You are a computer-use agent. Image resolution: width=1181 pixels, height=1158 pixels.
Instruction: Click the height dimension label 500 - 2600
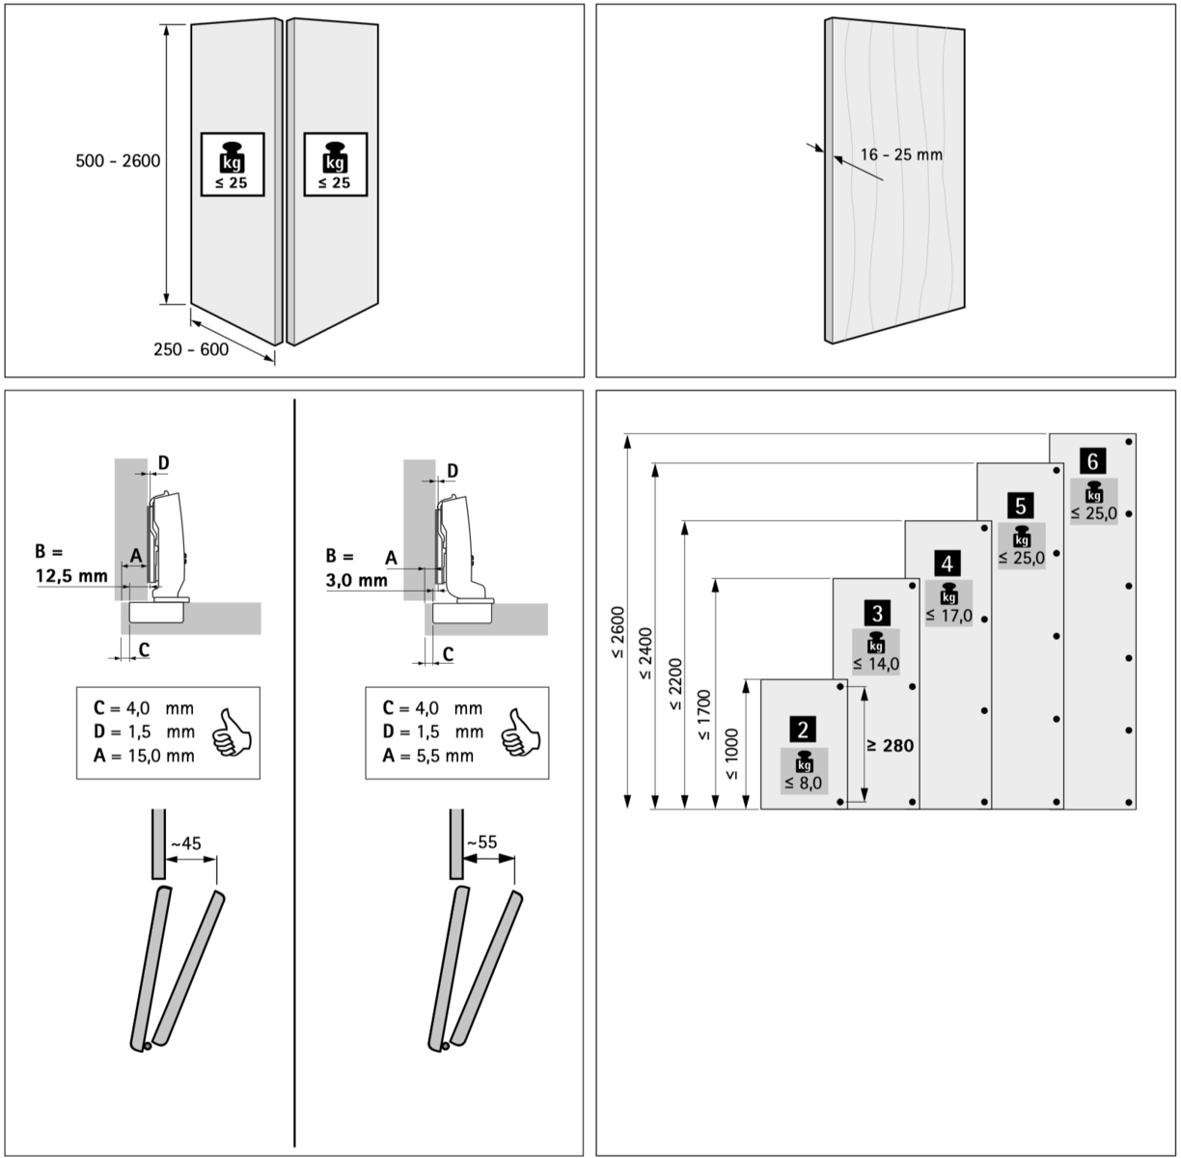pyautogui.click(x=118, y=161)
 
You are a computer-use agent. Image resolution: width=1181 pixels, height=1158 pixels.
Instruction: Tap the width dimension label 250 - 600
pyautogui.click(x=191, y=349)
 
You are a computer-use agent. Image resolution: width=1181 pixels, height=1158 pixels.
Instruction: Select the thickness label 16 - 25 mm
pyautogui.click(x=901, y=154)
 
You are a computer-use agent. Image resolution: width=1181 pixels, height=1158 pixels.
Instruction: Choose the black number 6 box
pyautogui.click(x=1093, y=460)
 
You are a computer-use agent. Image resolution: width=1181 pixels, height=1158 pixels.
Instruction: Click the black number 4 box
pyautogui.click(x=948, y=563)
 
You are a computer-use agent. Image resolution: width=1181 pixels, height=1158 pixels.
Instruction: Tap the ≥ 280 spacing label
pyautogui.click(x=890, y=745)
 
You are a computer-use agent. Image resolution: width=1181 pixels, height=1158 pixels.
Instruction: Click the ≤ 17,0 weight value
pyautogui.click(x=948, y=616)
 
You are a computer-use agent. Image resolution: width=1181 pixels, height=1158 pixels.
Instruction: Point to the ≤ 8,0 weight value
pyautogui.click(x=803, y=783)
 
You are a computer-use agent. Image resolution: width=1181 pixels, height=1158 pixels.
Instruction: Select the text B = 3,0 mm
pyautogui.click(x=355, y=568)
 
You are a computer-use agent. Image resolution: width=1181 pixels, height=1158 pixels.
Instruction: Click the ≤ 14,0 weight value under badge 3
pyautogui.click(x=876, y=664)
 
